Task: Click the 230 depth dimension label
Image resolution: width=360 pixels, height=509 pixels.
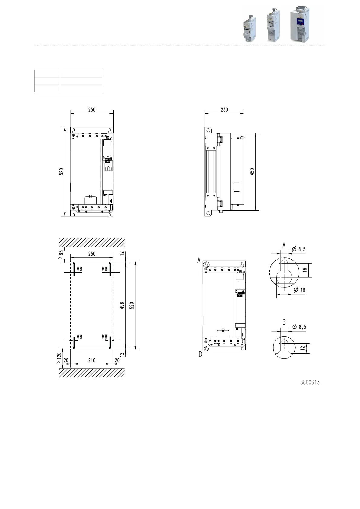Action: coord(224,110)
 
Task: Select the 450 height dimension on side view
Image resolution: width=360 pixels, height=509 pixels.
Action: coord(252,172)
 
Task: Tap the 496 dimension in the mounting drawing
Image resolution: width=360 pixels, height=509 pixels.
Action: coord(122,305)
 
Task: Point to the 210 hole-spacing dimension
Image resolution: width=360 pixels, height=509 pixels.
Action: coord(92,360)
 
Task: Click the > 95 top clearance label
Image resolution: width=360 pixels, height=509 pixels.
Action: coord(61,255)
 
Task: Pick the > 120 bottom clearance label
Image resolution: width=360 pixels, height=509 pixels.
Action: coord(59,358)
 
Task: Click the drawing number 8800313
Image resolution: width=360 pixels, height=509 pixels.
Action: coord(310,382)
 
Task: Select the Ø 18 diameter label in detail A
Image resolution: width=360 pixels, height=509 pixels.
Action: coord(300,290)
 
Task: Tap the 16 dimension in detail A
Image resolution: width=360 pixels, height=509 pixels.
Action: coord(305,270)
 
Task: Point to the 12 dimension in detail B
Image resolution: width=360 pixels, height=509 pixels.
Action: coord(303,348)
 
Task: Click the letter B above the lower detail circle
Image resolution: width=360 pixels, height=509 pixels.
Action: coord(284,322)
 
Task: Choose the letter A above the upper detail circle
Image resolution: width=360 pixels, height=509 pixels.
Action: coord(284,245)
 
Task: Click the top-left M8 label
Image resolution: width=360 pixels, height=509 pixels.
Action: coord(79,269)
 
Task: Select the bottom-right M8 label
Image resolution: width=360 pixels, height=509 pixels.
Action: coord(104,336)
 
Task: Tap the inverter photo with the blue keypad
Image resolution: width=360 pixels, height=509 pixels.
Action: coord(300,24)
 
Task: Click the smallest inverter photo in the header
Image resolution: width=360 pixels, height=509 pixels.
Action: coord(250,29)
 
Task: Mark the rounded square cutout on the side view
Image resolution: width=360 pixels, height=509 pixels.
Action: coord(237,187)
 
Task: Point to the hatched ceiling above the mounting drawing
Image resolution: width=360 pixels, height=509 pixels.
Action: coord(92,242)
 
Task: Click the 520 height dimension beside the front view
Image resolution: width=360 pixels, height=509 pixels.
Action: coord(61,172)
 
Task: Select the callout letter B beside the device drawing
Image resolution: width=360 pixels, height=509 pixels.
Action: coord(200,354)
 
